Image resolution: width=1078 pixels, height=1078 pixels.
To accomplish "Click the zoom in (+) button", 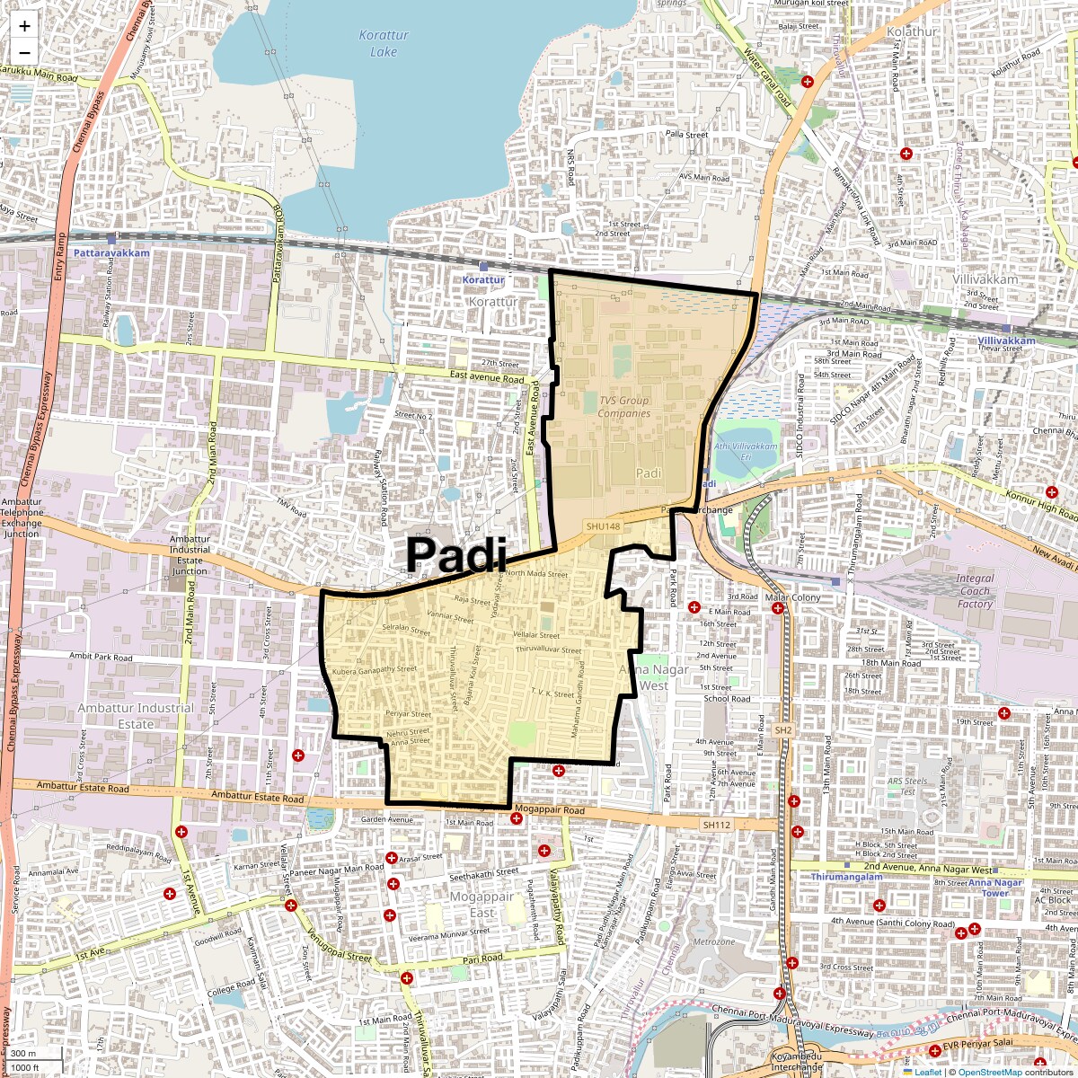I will (x=24, y=27).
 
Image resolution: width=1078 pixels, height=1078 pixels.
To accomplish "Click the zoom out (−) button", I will (x=24, y=52).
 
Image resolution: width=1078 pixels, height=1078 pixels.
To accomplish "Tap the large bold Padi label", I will (x=456, y=554).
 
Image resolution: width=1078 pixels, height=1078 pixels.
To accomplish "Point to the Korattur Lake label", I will (x=384, y=43).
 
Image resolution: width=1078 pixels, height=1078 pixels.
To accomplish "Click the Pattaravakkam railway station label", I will (x=111, y=253).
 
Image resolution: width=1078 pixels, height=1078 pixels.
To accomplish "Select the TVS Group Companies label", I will (x=623, y=407).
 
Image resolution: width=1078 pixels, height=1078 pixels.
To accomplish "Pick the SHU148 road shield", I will (x=602, y=526).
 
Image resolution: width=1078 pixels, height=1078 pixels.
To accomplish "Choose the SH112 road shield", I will (x=717, y=825).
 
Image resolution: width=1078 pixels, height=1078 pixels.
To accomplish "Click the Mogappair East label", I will (x=482, y=905).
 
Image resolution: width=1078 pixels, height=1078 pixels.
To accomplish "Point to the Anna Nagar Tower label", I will (x=994, y=888).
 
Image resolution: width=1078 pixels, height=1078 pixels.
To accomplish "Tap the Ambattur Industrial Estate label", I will (x=135, y=715).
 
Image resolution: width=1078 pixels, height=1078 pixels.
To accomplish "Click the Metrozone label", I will (x=714, y=941).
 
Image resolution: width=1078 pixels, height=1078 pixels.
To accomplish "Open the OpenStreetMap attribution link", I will (x=989, y=1072).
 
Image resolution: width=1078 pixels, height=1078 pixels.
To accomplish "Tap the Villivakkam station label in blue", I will (x=1006, y=340).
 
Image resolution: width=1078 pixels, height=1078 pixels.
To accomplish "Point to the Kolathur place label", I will (x=911, y=31).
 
